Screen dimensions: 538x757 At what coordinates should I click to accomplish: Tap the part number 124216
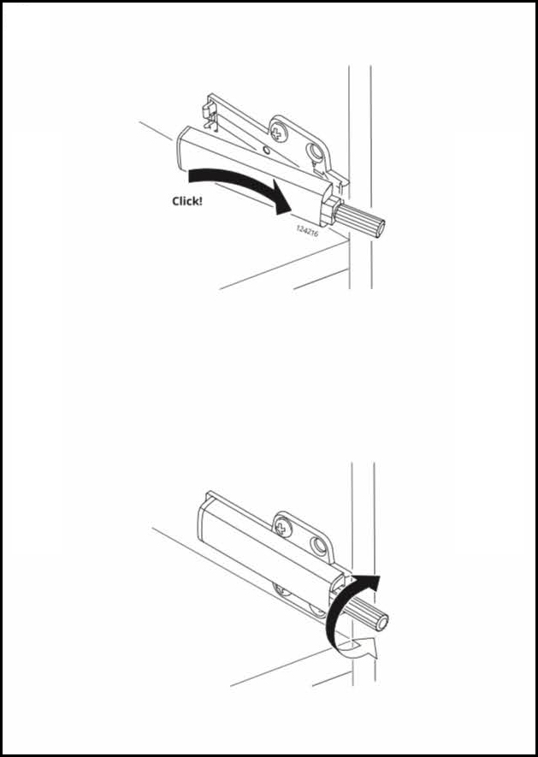pyautogui.click(x=307, y=230)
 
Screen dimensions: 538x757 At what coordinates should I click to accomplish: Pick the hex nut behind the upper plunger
pyautogui.click(x=332, y=206)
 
